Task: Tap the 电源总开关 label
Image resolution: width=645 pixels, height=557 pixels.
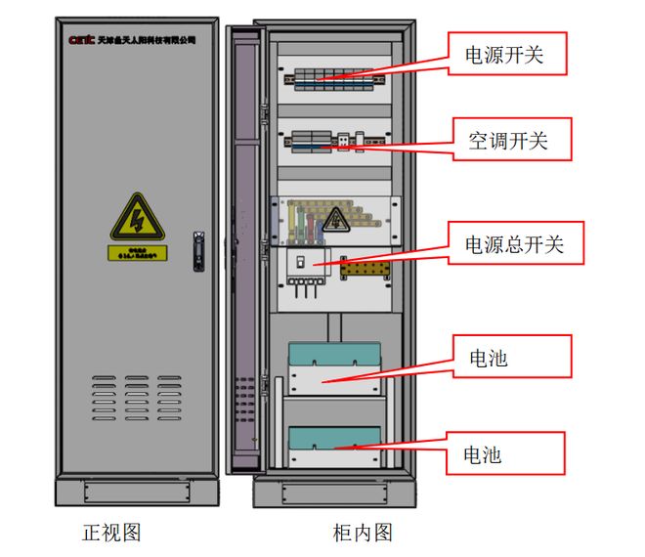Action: click(x=515, y=243)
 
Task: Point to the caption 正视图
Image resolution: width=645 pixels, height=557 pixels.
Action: click(x=111, y=533)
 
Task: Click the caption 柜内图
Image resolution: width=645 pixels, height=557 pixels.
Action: click(x=362, y=533)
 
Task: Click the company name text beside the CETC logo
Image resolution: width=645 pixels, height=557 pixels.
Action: click(x=147, y=41)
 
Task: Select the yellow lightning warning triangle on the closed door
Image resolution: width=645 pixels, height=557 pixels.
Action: click(x=136, y=219)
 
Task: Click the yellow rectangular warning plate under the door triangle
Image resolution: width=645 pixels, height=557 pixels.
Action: click(x=137, y=253)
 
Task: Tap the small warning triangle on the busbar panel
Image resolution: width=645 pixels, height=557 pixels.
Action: click(x=336, y=219)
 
